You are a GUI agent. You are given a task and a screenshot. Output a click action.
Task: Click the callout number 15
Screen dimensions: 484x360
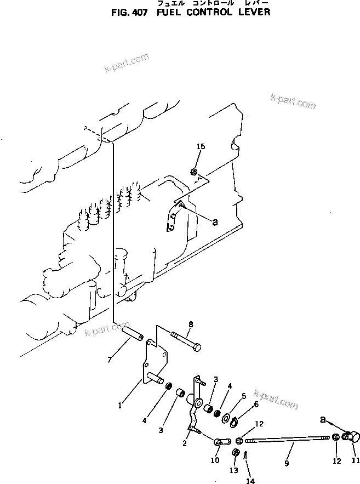pyautogui.click(x=201, y=146)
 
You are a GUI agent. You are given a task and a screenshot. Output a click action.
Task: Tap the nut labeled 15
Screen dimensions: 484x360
pyautogui.click(x=194, y=173)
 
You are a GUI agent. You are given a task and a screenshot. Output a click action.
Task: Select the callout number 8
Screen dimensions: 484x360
pyautogui.click(x=190, y=324)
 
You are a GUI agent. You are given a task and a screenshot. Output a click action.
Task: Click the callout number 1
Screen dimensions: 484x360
pyautogui.click(x=121, y=406)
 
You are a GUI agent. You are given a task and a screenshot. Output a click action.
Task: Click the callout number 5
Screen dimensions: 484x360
pyautogui.click(x=236, y=395)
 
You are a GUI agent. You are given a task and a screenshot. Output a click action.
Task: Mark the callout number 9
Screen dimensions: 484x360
pyautogui.click(x=287, y=463)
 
